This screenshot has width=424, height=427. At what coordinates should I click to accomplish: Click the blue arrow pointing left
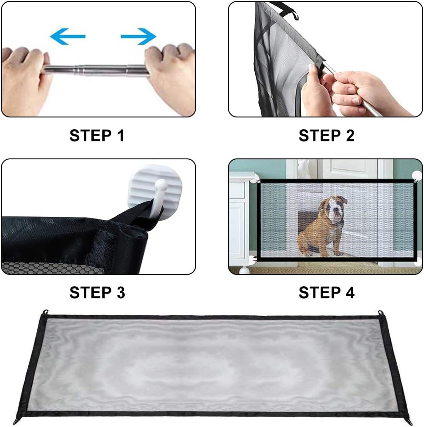click(67, 36)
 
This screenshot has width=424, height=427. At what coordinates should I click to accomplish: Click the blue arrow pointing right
click(138, 36)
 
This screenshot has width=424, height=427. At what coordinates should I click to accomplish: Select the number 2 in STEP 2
click(350, 136)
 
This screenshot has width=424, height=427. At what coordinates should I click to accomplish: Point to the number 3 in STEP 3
click(121, 293)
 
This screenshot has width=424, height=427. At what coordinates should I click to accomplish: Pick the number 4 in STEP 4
click(350, 293)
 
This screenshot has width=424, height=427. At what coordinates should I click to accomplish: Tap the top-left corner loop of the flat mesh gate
click(45, 312)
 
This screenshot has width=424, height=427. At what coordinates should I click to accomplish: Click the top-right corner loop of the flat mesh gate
click(380, 313)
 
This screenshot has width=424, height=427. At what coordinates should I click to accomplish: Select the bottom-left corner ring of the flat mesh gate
click(16, 422)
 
